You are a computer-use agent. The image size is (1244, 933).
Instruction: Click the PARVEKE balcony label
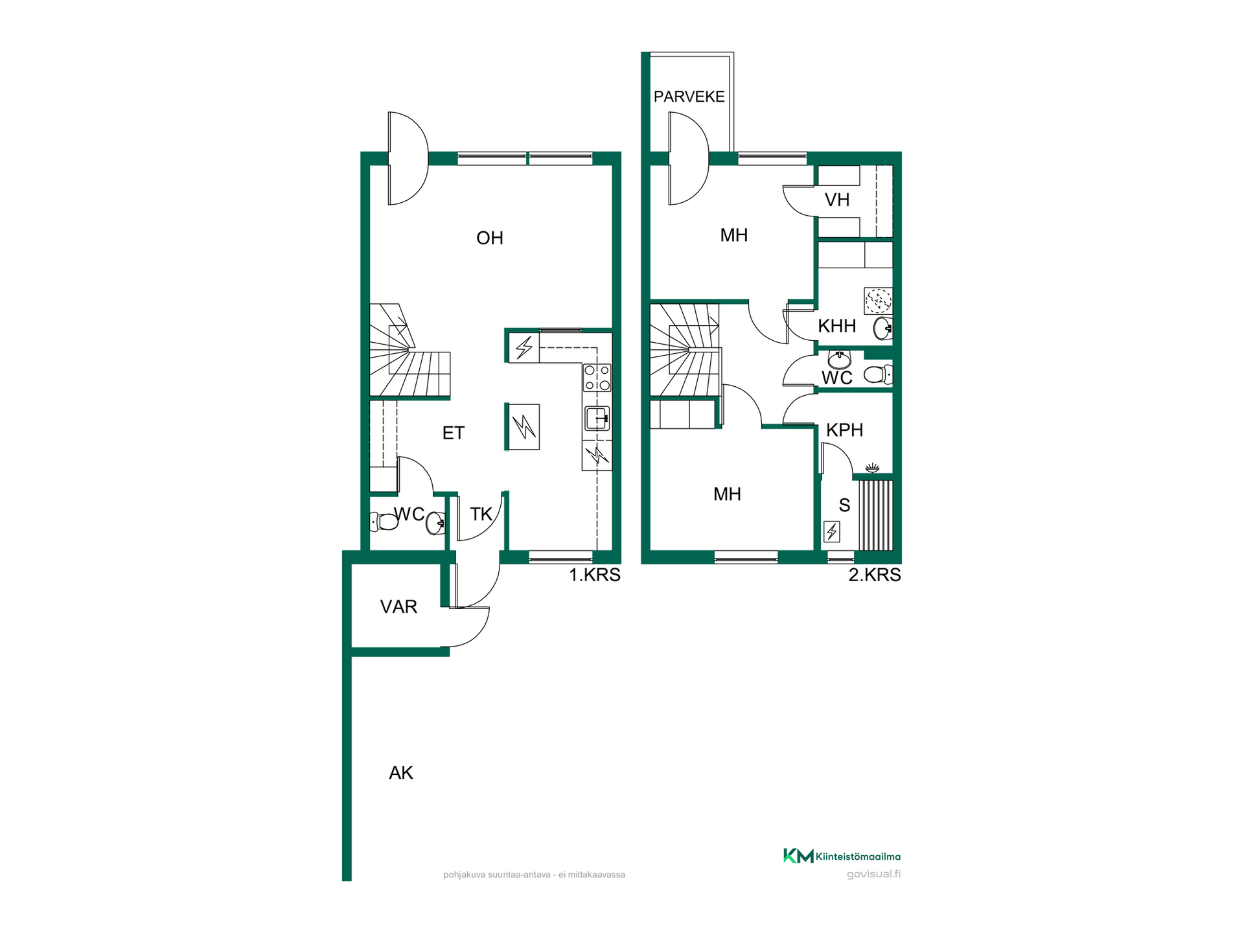pos(689,97)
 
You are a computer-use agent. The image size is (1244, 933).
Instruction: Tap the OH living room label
pos(490,238)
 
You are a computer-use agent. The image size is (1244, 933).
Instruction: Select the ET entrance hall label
pos(454,433)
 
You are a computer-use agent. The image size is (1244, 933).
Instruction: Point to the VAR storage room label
pos(398,606)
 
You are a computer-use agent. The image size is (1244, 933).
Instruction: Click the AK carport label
pos(401,772)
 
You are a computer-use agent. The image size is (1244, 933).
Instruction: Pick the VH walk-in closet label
pos(837,200)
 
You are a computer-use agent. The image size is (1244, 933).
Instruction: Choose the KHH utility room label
pos(837,326)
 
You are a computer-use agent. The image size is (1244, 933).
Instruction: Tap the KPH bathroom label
pos(845,430)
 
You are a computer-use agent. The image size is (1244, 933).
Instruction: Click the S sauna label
pos(844,505)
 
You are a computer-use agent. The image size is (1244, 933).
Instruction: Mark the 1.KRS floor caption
pos(595,575)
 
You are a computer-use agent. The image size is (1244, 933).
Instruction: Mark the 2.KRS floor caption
pos(875,575)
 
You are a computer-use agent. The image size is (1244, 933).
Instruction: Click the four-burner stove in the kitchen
pos(597,378)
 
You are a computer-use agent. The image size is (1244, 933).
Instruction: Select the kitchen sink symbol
pos(597,418)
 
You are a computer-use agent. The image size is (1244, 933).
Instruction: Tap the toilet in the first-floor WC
pos(384,521)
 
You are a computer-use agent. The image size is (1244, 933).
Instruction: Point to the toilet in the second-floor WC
pos(879,374)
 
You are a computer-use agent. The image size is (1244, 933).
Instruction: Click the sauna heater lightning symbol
pos(832,532)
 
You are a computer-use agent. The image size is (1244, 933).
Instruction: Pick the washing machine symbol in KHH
pos(879,301)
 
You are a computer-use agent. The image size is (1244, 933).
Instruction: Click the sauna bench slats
pos(876,515)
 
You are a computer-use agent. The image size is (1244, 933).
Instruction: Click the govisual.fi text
pos(873,874)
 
